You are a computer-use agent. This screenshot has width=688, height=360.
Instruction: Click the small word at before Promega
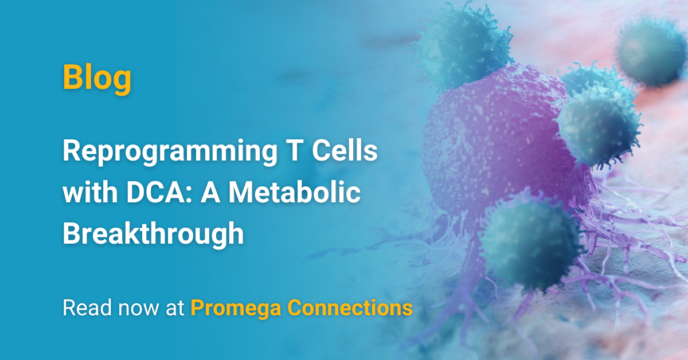[175, 308]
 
